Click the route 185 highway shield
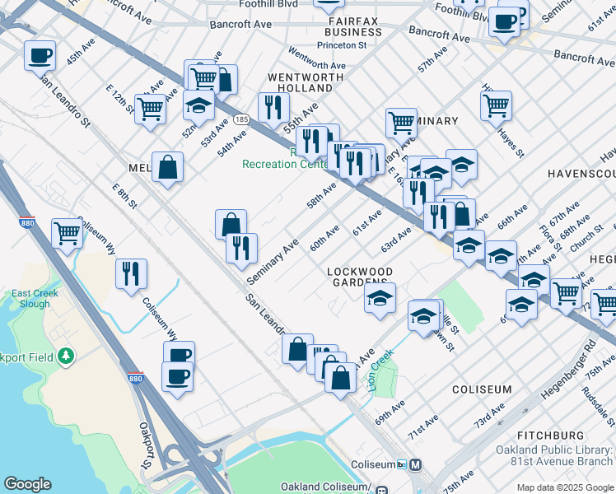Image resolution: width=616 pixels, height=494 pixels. click(240, 119)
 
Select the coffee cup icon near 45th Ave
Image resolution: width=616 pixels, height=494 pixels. click(40, 55)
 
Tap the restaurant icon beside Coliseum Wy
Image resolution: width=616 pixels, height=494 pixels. click(130, 273)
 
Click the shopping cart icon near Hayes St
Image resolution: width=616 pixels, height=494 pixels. click(496, 105)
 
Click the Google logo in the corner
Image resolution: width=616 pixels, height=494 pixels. click(27, 484)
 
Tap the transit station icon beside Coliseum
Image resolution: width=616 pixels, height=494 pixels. click(416, 464)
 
